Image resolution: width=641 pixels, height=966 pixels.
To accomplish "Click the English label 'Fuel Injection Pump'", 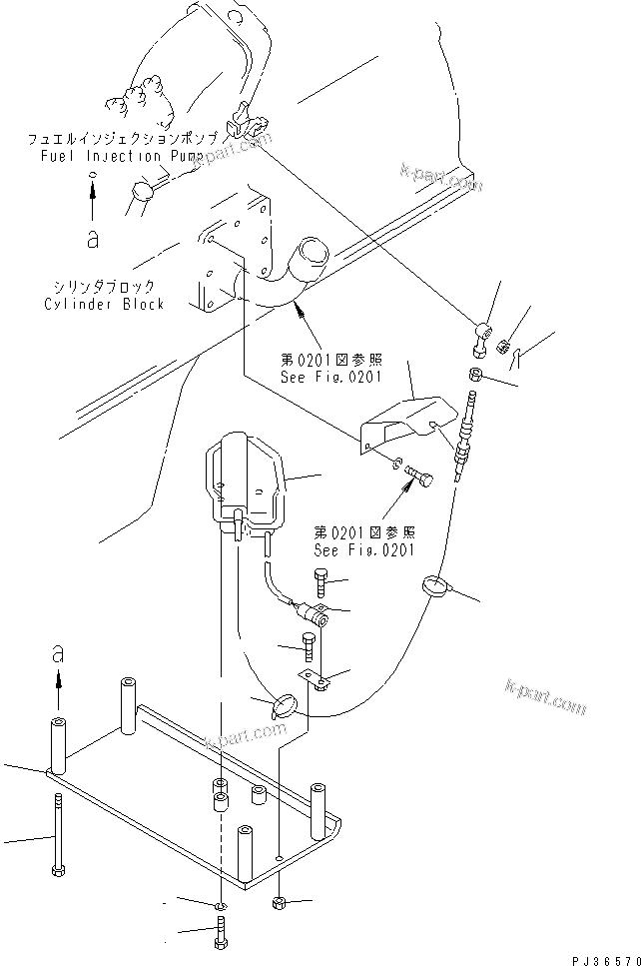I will click(122, 157).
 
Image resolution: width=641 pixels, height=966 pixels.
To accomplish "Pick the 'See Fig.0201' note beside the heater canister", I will click(364, 550).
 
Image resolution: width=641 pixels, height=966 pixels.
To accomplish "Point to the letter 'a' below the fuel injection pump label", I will click(92, 238).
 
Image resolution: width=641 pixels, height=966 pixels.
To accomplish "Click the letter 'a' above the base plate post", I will click(57, 654).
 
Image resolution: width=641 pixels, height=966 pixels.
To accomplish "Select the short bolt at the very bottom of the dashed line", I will click(221, 936).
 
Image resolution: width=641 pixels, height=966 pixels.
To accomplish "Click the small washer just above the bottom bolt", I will click(221, 905).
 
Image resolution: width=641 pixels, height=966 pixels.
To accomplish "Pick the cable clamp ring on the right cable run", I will click(438, 586).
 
